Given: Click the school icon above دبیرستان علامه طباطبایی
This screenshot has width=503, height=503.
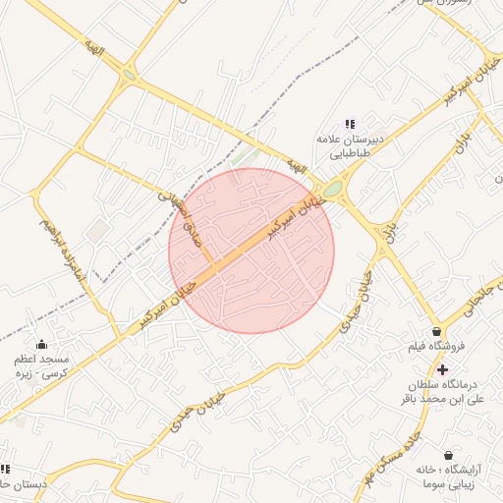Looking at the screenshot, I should [x=349, y=124].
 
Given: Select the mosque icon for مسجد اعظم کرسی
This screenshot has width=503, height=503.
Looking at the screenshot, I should [x=41, y=344].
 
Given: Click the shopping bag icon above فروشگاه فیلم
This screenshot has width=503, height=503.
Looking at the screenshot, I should [x=435, y=331].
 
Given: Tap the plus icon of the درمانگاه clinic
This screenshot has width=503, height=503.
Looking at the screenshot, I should [x=442, y=370].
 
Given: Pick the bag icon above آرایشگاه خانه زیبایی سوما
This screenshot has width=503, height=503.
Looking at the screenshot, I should [x=448, y=456].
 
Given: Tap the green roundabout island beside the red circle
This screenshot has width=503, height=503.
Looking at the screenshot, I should [x=333, y=189].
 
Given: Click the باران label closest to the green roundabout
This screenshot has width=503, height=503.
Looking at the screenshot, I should [x=392, y=229].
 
